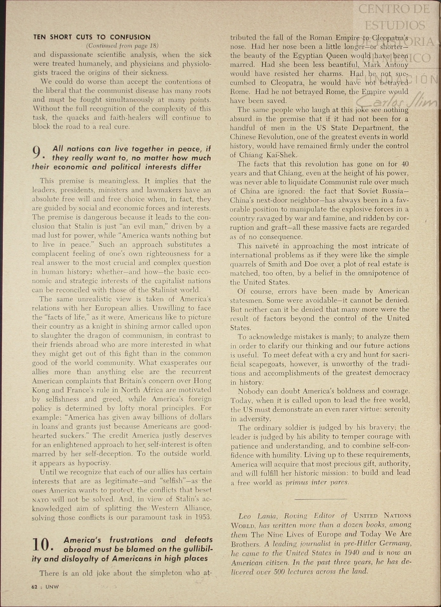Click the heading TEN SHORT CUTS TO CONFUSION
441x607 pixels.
[92, 37]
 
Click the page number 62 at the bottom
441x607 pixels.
[35, 587]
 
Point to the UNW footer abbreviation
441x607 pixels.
[52, 587]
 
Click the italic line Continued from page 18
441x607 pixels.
[122, 46]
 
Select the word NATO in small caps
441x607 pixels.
[40, 499]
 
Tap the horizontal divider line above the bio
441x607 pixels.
[320, 499]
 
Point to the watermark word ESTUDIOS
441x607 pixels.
[395, 25]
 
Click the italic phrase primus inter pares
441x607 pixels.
[317, 482]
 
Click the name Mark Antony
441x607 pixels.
[386, 65]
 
